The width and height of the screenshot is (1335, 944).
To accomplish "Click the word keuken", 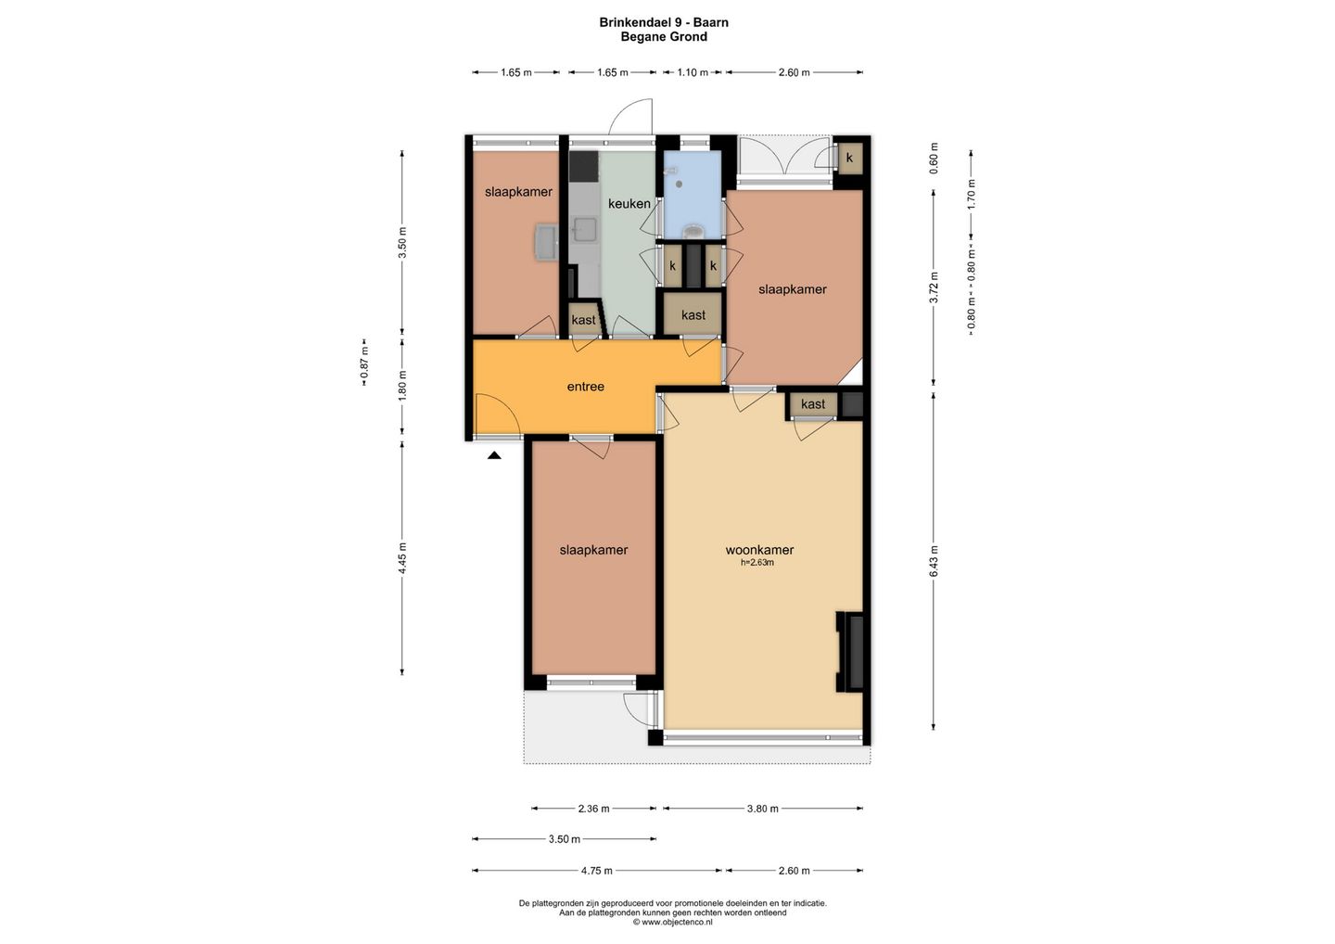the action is coord(629,203).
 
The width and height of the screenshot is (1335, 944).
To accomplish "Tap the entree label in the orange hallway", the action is coord(585,386).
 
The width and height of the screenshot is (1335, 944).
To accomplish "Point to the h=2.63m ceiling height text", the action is coord(756,562).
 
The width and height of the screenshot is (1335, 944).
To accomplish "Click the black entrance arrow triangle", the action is coord(494,456).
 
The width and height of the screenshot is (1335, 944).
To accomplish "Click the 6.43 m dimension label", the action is coord(934,561).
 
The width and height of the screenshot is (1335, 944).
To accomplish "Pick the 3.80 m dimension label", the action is coord(762,809).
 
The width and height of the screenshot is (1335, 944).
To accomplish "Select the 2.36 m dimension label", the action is coord(593,809).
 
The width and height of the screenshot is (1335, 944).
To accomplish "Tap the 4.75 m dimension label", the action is coord(597,871).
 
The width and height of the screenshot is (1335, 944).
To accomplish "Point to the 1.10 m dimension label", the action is coord(693,72).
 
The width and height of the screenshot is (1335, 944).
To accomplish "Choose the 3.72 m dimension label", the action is coord(934,287).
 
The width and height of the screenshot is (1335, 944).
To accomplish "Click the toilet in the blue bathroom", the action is coord(693,231).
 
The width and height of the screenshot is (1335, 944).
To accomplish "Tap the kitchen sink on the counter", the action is coord(168,230).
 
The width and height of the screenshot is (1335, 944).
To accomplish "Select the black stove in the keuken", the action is coord(166,166).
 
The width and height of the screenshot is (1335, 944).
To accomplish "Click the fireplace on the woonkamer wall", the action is coord(850,652).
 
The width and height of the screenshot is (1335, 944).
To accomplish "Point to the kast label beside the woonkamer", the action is coord(813,404).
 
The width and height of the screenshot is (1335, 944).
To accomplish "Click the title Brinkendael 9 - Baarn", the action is coord(664,22).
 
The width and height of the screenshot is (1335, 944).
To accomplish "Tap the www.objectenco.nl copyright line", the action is coord(672,922).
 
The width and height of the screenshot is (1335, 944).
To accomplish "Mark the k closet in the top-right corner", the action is coord(849,158).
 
